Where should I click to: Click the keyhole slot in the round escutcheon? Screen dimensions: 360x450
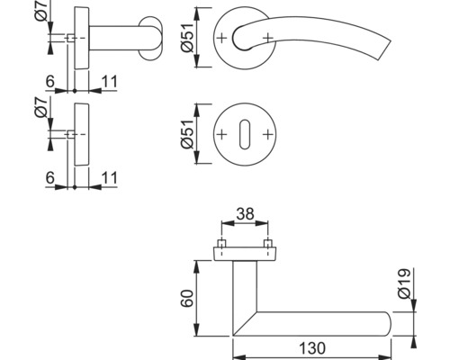coord(244,132)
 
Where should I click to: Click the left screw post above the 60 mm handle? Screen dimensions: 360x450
coord(221,245)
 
